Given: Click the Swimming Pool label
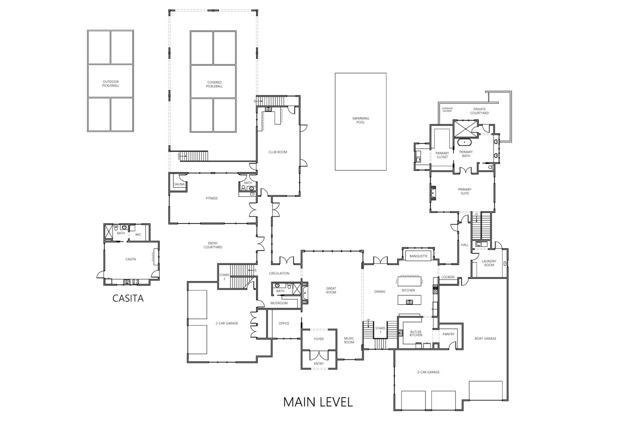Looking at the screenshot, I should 360,120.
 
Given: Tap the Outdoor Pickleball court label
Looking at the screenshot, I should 110,84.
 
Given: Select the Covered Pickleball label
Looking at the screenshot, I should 214,84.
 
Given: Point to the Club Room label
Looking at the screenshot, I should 277,152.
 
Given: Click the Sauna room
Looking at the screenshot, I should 179,184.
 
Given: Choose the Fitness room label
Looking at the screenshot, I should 212,198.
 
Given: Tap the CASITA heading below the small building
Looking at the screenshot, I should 128,299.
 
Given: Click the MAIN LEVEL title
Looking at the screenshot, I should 318,402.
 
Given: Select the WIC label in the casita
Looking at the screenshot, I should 138,235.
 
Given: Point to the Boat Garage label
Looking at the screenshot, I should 485,339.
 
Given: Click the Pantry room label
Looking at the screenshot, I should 448,334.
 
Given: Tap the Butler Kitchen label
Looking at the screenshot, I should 416,334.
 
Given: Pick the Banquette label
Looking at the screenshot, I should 418,256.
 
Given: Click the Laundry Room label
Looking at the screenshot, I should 489,263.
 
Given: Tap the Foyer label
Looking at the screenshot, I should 319,339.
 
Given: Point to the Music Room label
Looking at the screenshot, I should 349,340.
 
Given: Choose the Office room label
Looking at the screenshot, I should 284,323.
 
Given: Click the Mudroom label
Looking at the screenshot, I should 279,303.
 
